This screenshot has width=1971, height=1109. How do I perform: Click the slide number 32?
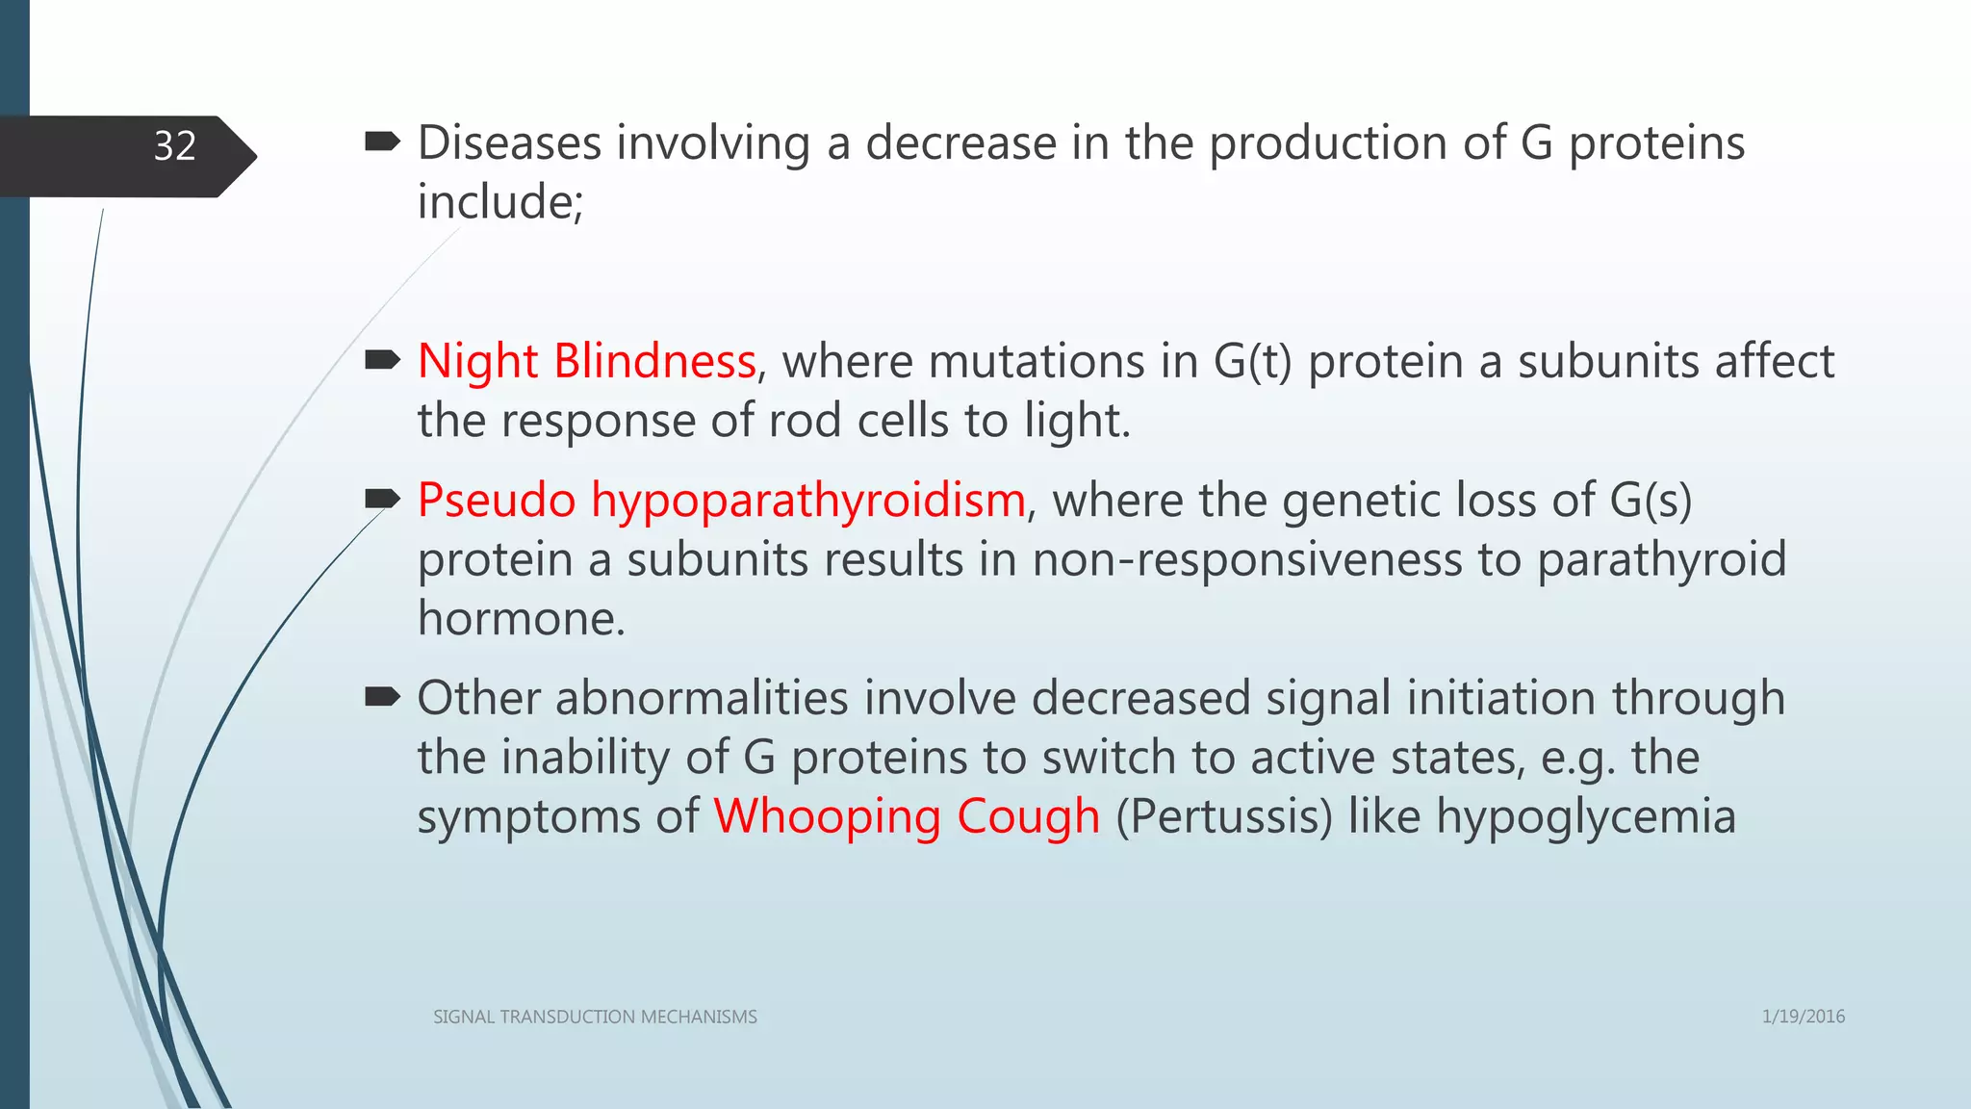pos(174,146)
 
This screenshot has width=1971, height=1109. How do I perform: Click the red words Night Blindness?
pos(586,362)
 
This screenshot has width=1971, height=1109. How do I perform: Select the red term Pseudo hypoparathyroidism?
pos(721,501)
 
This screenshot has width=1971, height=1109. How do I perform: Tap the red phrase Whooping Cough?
pos(906,817)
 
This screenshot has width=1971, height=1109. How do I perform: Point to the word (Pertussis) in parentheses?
pos(1224,817)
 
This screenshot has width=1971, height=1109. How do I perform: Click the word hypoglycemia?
pos(1586,817)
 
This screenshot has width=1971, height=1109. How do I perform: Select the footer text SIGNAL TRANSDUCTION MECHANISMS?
pos(595,1017)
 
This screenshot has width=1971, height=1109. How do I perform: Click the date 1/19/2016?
pos(1803,1017)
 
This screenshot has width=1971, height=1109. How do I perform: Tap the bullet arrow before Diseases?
pos(382,143)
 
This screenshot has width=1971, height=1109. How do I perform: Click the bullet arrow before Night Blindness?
pos(382,361)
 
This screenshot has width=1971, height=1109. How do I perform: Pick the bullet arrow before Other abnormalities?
pos(382,697)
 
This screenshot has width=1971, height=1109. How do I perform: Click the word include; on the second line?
pos(499,202)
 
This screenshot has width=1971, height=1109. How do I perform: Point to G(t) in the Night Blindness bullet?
pos(1252,362)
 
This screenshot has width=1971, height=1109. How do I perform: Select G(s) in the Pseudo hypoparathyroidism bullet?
pos(1650,501)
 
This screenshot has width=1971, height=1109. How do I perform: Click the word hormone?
pos(521,619)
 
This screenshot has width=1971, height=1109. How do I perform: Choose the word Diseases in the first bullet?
pos(509,143)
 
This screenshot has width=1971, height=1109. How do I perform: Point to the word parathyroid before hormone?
pos(1660,560)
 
